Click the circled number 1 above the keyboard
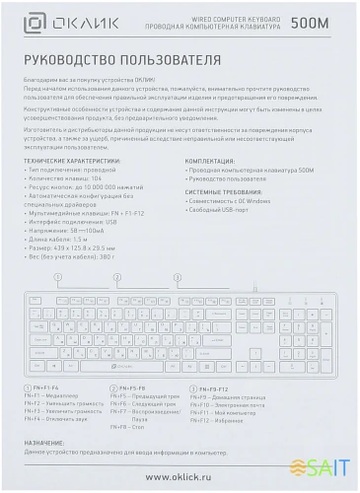(57, 278)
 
